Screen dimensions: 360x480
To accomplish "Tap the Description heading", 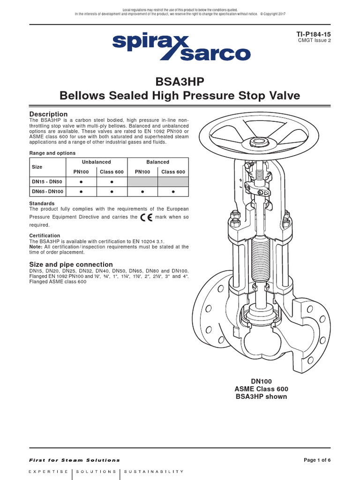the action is pos(48,114).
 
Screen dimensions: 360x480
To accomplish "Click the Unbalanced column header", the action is pos(96,162).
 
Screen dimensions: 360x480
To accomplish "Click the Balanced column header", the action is pos(158,162).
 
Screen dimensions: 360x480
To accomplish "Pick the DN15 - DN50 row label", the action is pos(46,182).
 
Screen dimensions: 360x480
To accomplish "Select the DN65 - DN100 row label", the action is pos(47,192).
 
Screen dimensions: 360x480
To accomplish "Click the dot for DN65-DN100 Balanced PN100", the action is pos(142,192).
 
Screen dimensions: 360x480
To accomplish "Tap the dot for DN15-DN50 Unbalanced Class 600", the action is pos(112,182).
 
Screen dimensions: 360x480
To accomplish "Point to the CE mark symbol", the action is pos(147,217).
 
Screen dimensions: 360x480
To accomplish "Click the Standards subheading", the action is pos(42,203).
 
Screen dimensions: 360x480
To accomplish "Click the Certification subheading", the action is pos(45,236).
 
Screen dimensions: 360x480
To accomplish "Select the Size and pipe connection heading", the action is pos(71,264).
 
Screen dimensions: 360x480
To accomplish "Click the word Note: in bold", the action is pos(36,247).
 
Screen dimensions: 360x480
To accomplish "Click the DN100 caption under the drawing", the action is pos(261,382).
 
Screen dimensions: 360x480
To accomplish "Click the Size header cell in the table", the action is pos(36,167).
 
